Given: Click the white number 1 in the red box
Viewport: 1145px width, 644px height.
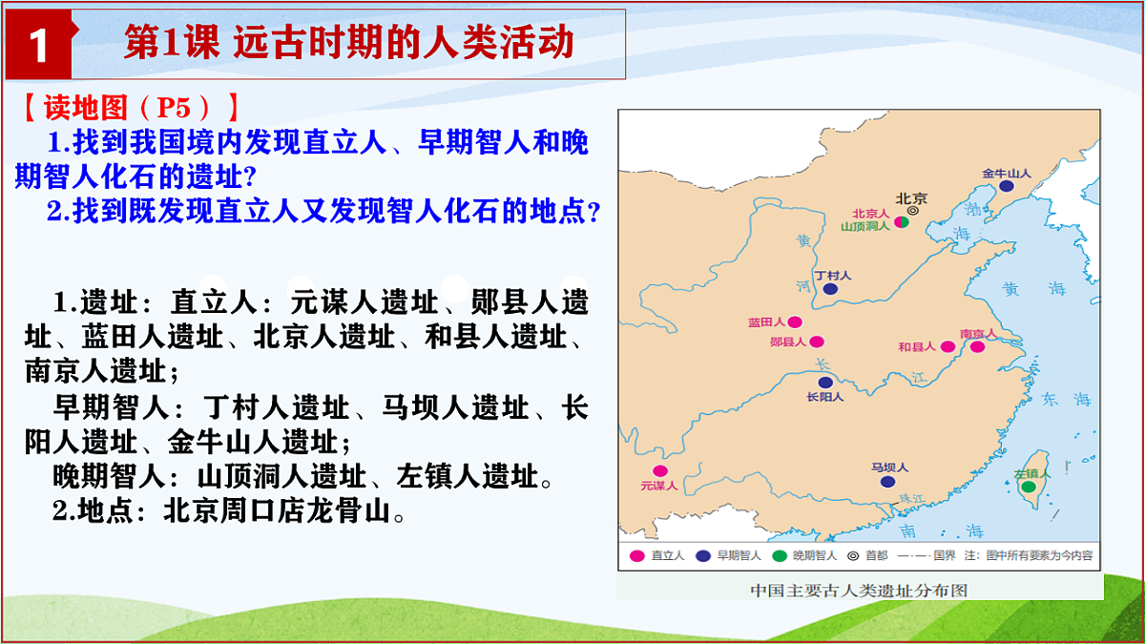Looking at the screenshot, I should click(39, 46).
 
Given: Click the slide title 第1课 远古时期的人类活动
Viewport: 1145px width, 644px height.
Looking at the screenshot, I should click(348, 44).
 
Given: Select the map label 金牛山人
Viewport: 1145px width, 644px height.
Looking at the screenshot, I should click(1007, 174).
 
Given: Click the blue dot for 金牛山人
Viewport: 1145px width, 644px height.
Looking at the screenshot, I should click(1007, 187).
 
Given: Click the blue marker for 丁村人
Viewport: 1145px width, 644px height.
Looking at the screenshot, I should click(830, 288).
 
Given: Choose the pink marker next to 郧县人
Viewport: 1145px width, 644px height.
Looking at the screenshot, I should click(817, 341).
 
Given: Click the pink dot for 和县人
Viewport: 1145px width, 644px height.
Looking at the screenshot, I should click(947, 346).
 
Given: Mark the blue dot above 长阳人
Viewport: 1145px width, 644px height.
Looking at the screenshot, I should click(825, 383).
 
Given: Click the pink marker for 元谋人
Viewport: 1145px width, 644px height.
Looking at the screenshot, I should click(659, 470).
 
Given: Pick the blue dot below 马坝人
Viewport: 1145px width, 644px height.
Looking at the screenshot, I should click(888, 482).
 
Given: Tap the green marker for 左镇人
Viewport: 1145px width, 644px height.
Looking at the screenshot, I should click(1029, 487).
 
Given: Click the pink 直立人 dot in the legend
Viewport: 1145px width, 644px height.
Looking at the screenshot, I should click(636, 555).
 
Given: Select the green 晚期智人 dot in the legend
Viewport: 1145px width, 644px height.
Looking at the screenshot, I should click(778, 555).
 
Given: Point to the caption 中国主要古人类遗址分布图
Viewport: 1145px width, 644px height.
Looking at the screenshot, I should click(859, 590).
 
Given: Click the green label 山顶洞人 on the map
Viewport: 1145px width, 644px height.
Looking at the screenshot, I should click(864, 226).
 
